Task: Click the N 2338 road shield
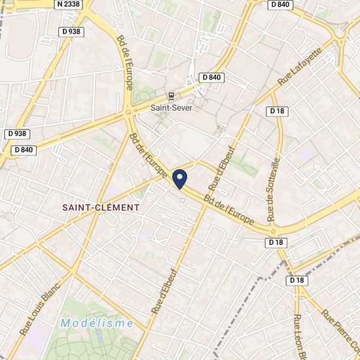point(70,4)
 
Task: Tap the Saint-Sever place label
point(171,108)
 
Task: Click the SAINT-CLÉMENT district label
point(101,207)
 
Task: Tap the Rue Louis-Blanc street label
point(40,309)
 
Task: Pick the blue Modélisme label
point(97,323)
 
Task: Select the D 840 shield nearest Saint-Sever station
point(212,77)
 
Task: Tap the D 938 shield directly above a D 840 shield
point(18,134)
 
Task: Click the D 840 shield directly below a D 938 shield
point(22,150)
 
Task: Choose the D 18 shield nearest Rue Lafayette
point(278,111)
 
